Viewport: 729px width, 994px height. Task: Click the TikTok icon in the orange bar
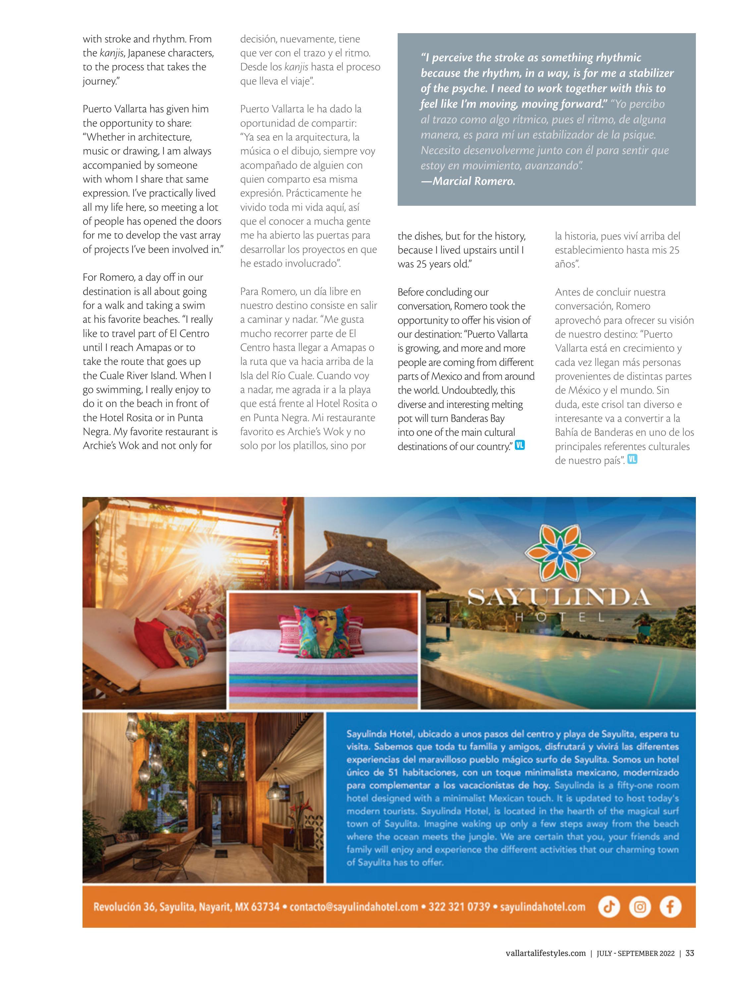[609, 907]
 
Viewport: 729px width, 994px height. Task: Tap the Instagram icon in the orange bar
[640, 907]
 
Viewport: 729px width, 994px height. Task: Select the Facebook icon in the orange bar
[670, 907]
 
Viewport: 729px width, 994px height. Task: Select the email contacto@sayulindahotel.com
[354, 907]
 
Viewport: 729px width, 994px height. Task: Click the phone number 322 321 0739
[459, 907]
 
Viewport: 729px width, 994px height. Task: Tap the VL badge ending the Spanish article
[632, 459]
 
